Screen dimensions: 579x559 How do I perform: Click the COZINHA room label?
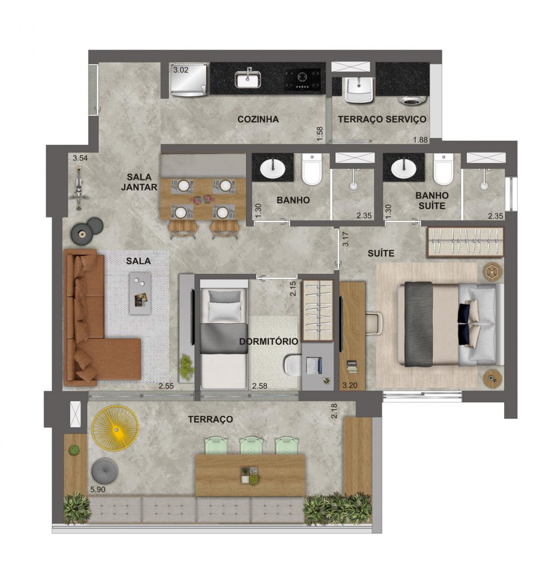point(258,119)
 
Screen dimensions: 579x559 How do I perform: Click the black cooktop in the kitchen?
point(302,79)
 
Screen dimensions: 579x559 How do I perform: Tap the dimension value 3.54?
point(81,158)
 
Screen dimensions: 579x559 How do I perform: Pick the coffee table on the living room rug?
point(139,291)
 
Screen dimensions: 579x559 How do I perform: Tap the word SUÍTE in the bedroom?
point(381,253)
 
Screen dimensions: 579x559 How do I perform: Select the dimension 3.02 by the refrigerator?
point(181,71)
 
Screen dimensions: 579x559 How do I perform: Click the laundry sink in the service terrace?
point(354,88)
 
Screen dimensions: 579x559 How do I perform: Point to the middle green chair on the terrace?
point(251,446)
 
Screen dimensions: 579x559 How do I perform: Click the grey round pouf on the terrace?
point(103,470)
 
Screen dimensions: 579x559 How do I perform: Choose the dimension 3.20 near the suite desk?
point(349,385)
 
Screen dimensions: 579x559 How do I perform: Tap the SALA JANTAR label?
point(139,182)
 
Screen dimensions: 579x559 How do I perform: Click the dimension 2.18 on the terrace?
point(335,414)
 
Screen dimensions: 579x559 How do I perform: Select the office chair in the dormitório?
point(293,365)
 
